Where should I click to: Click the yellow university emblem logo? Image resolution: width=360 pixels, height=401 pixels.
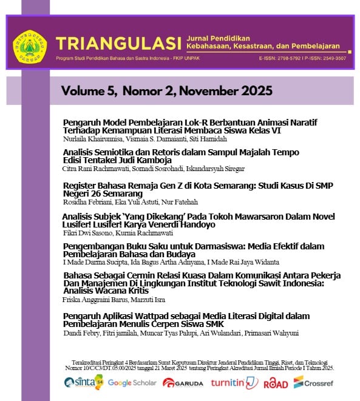(x=29, y=45)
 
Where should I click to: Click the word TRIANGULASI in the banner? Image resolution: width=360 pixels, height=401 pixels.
(x=118, y=44)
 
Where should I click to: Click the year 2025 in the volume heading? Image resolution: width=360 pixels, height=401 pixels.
(x=256, y=92)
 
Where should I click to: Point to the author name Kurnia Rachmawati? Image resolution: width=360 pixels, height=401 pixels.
(x=138, y=232)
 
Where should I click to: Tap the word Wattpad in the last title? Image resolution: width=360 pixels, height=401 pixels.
(x=156, y=316)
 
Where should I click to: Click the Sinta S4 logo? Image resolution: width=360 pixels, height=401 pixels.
(x=84, y=382)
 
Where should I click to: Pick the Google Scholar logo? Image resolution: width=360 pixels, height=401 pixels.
(x=132, y=383)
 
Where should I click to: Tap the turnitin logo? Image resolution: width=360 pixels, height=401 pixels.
(x=234, y=383)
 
